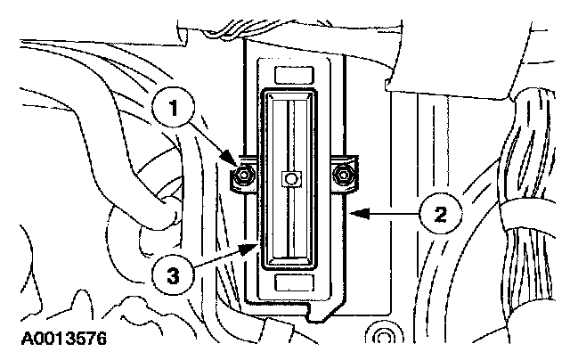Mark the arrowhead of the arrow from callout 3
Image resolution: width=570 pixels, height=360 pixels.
259,246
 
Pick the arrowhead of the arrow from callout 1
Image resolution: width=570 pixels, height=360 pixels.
237,168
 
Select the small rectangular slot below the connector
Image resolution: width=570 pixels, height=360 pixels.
290,282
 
